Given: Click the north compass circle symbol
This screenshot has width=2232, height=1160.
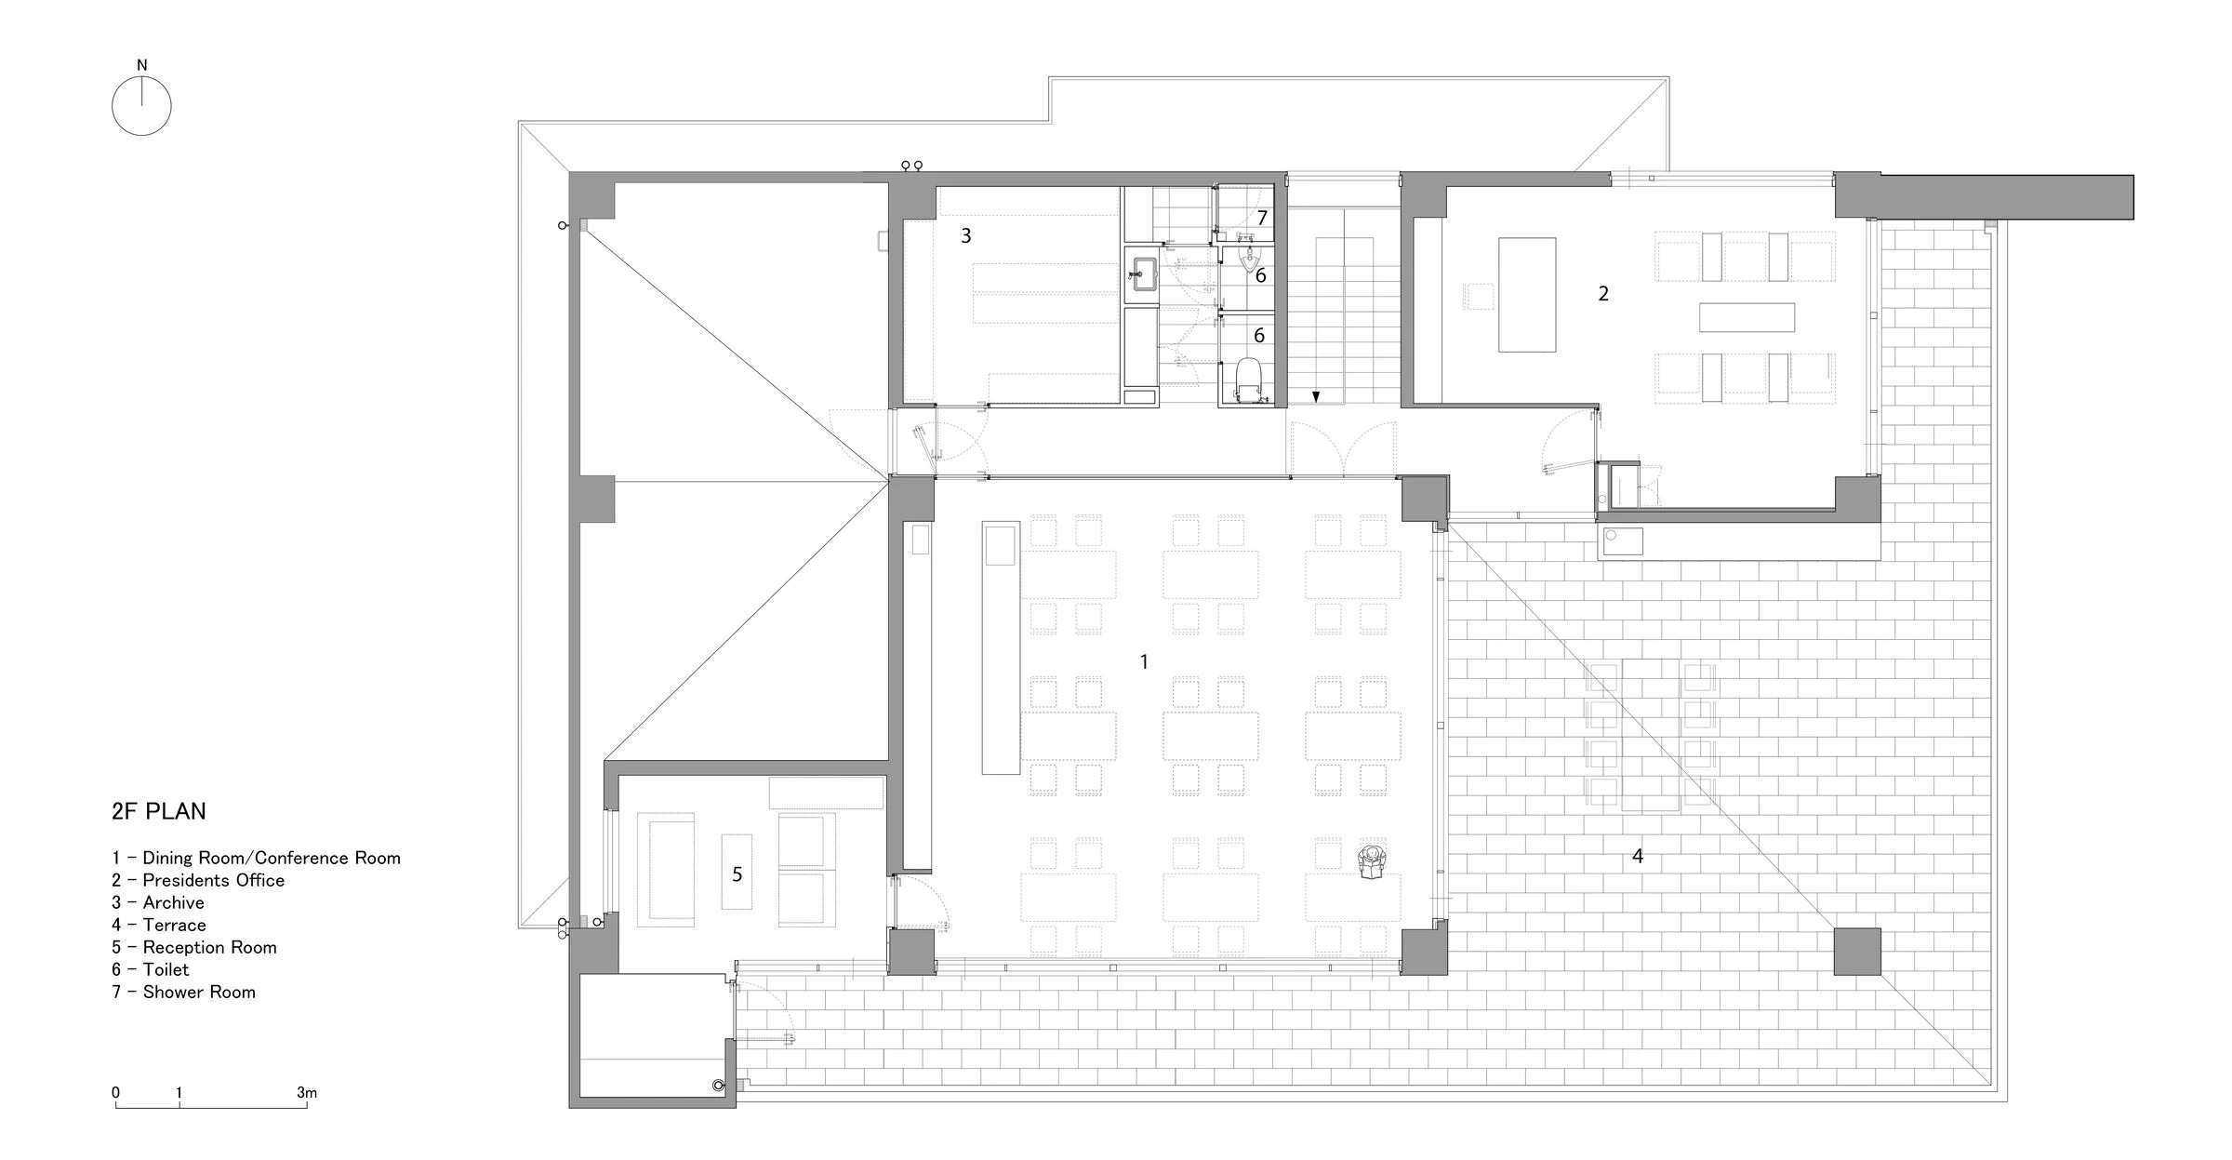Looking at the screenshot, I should [141, 106].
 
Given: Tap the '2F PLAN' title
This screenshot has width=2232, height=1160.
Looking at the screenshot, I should [159, 811].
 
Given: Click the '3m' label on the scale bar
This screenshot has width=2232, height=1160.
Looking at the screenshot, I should [307, 1092].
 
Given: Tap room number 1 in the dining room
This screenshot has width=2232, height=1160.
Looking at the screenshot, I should [1144, 661].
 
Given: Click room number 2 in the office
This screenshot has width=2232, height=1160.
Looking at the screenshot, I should [1603, 293].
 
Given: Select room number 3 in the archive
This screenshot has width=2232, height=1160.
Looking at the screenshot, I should [966, 235].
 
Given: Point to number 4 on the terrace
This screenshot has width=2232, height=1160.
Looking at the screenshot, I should [1638, 855].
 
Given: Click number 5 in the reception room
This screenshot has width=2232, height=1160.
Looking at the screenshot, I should [737, 873].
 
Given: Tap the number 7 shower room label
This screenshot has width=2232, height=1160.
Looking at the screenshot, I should [1262, 219].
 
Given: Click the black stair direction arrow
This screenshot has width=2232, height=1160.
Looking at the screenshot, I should [1316, 397].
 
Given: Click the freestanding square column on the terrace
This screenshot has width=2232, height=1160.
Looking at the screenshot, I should [1856, 951].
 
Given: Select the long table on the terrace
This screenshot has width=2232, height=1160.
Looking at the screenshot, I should [1651, 735].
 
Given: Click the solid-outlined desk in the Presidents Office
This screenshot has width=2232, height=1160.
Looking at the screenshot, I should [1526, 294].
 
